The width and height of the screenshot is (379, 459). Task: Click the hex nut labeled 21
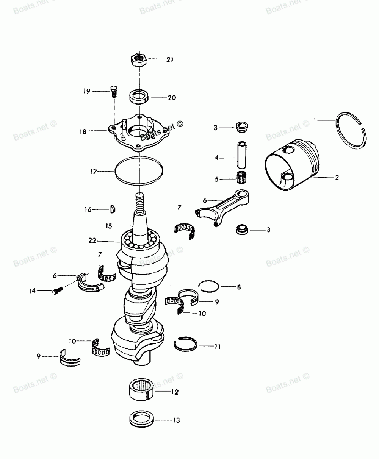pyautogui.click(x=139, y=59)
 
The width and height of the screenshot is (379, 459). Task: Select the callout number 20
pyautogui.click(x=172, y=97)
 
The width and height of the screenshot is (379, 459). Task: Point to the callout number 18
pyautogui.click(x=83, y=131)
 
